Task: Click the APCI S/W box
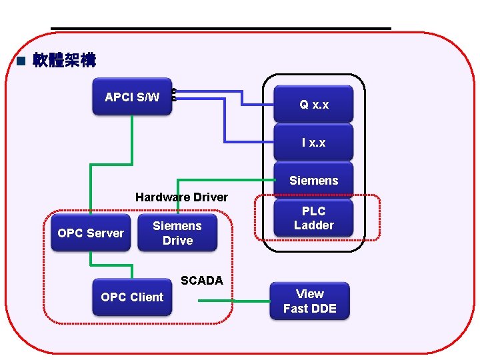click(x=132, y=98)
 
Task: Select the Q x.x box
click(x=313, y=105)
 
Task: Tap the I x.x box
click(x=313, y=143)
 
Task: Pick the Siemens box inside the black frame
click(x=313, y=181)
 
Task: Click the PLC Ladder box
click(x=313, y=218)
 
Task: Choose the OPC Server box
click(x=91, y=233)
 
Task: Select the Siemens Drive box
click(x=177, y=233)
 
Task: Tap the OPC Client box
click(x=132, y=297)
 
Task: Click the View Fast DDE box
click(x=309, y=301)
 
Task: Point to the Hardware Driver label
click(x=181, y=197)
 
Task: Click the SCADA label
click(x=201, y=281)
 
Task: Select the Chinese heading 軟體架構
click(x=64, y=61)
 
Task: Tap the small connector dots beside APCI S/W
click(x=174, y=95)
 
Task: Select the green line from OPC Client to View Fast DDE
click(x=233, y=301)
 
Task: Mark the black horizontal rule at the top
click(x=220, y=28)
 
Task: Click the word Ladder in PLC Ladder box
click(x=313, y=225)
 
